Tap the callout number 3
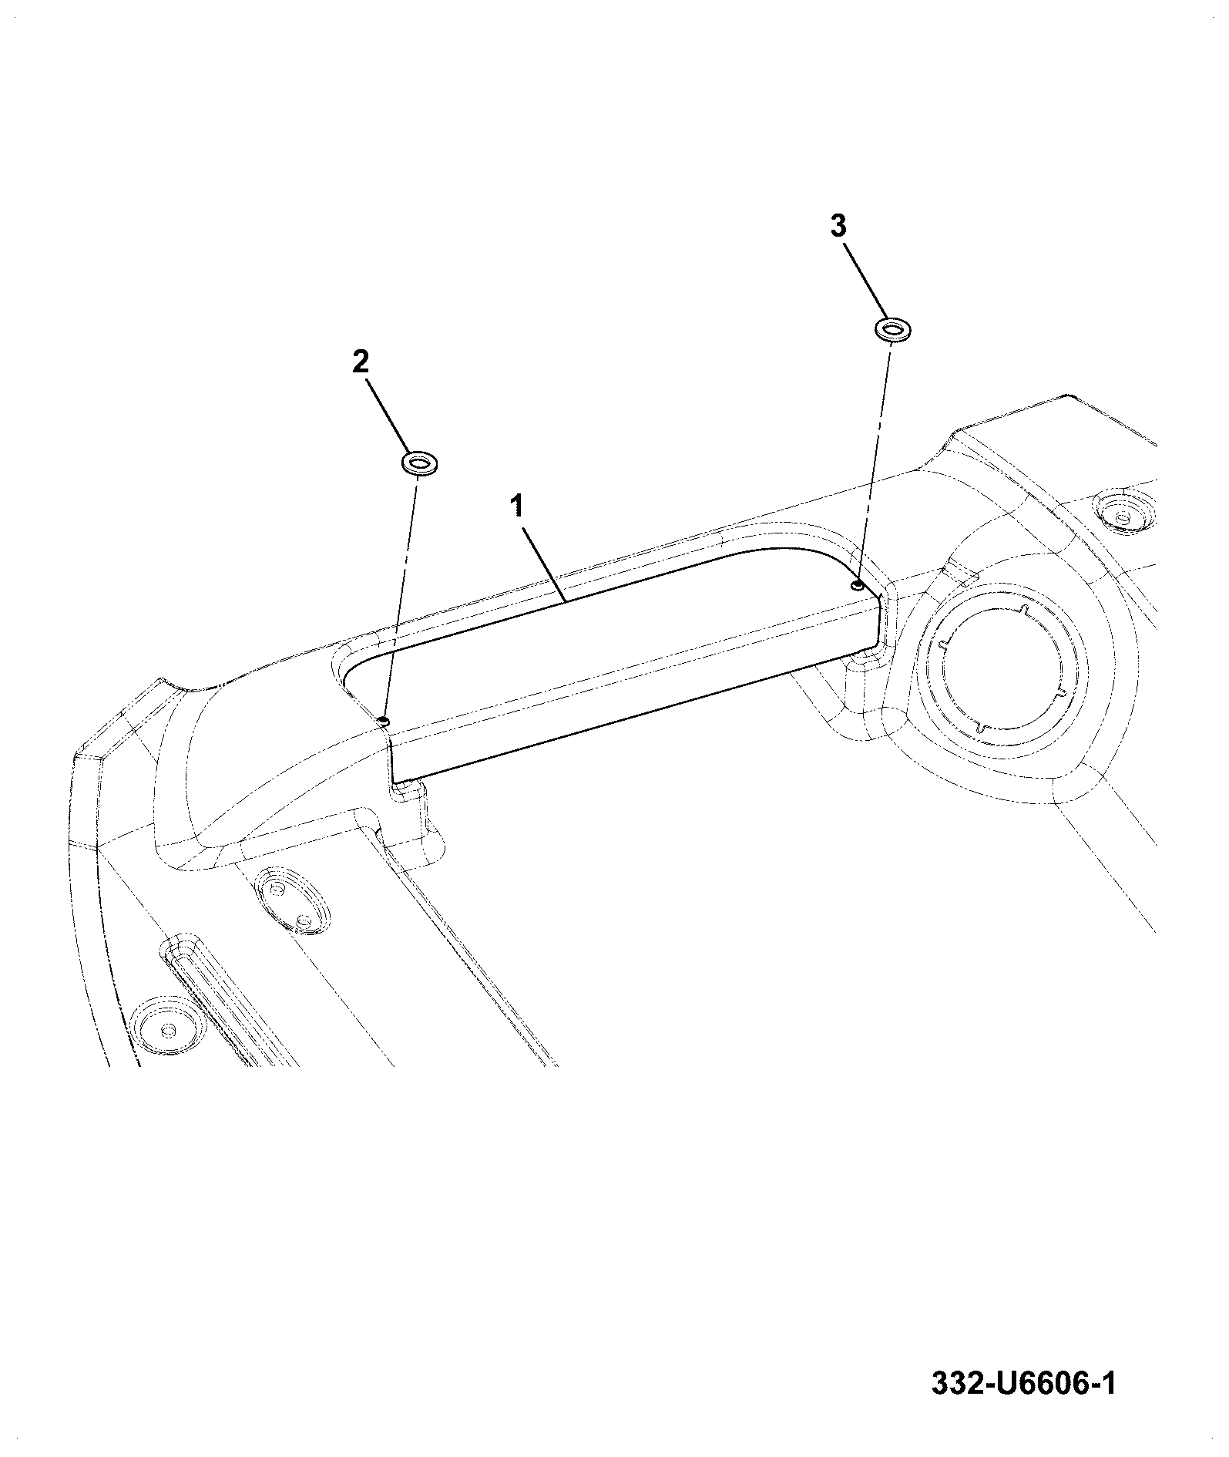coord(838,226)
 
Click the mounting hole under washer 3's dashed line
coord(857,585)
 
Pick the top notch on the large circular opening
coord(1024,611)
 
